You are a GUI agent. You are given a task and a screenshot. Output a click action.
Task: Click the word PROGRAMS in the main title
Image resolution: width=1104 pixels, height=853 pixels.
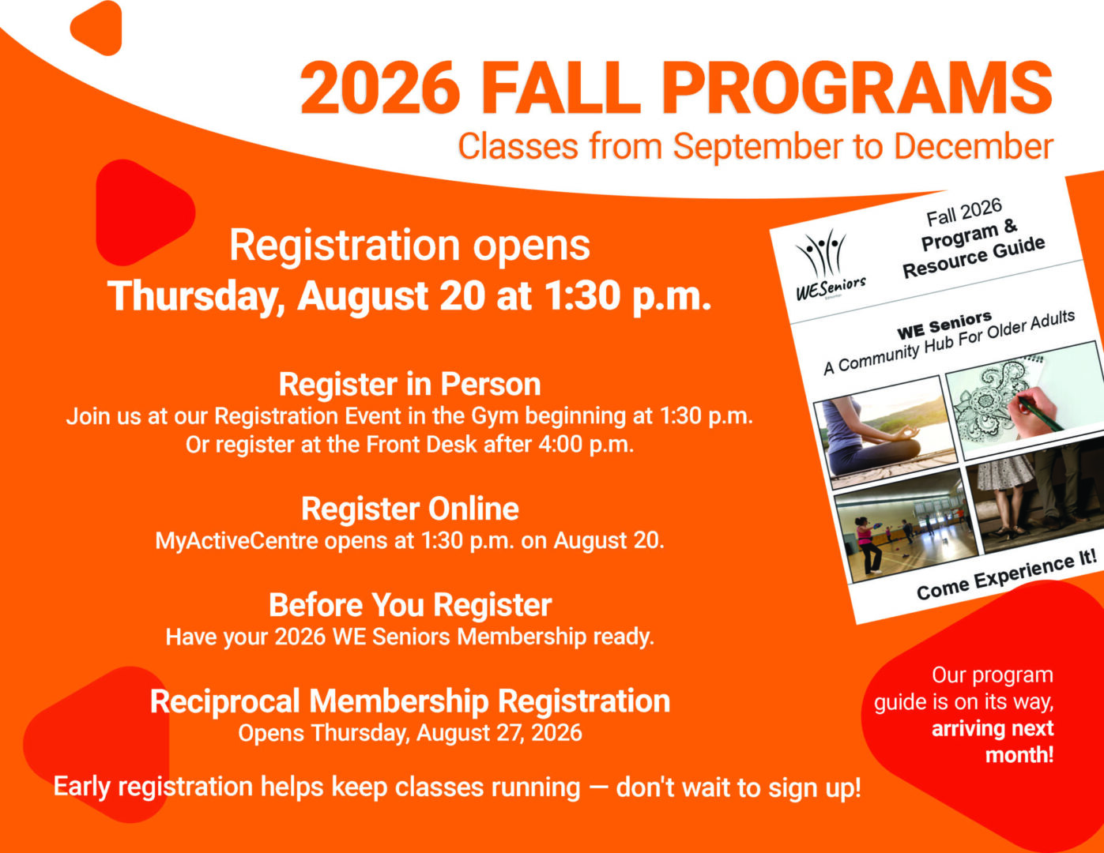click(858, 88)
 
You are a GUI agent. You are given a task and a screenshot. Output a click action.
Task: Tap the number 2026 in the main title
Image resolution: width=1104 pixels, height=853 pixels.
click(381, 88)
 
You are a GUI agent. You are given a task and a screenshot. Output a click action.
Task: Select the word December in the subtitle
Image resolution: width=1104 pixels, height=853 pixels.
click(974, 146)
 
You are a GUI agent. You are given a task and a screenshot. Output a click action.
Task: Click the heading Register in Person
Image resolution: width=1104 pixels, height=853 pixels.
click(409, 384)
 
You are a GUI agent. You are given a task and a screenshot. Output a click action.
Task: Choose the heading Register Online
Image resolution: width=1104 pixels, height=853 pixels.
click(409, 509)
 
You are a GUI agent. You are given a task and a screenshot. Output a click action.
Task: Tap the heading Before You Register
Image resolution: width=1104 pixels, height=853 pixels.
click(409, 605)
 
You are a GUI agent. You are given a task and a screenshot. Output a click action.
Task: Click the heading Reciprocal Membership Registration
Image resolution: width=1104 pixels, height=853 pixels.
click(409, 701)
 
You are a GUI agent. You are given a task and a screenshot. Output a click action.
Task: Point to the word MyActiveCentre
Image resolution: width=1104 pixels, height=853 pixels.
click(236, 541)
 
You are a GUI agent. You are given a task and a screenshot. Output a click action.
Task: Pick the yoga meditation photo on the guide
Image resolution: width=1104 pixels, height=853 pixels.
click(884, 431)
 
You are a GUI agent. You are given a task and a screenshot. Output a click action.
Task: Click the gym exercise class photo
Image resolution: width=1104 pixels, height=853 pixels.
click(906, 526)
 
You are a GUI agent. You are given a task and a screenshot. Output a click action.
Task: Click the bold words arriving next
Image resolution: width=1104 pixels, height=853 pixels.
click(993, 728)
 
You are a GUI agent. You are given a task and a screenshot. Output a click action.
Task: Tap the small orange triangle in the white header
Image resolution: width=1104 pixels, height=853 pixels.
click(97, 28)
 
